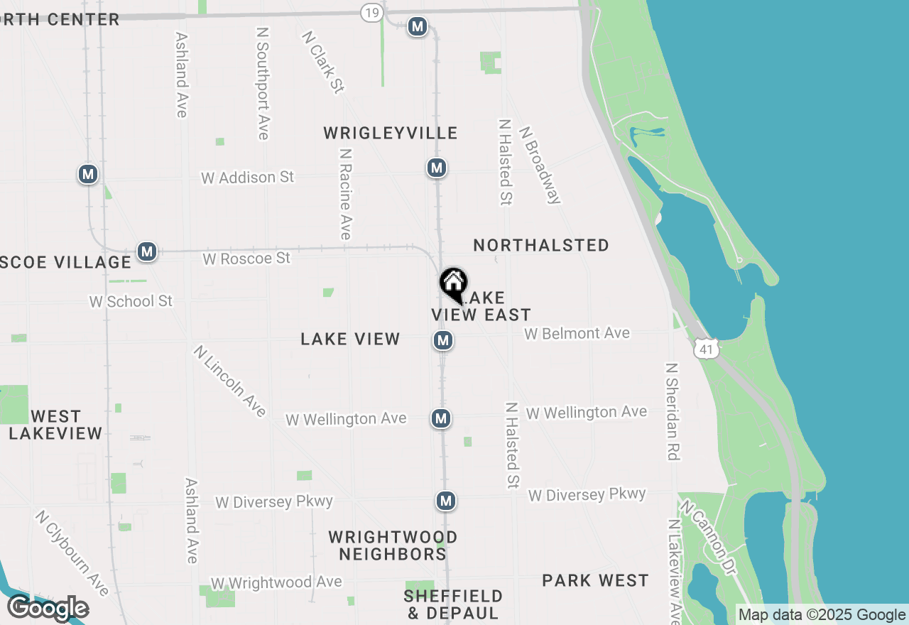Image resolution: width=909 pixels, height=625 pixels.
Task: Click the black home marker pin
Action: point(453,284)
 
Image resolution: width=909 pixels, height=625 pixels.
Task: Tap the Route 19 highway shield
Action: point(371,12)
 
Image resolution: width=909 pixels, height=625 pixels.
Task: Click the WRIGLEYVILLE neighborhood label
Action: point(391,133)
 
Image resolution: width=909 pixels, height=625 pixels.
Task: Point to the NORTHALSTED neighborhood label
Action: point(541,245)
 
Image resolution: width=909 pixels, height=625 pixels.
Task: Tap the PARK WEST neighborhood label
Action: point(595,580)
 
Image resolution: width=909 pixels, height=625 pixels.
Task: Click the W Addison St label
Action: point(247,177)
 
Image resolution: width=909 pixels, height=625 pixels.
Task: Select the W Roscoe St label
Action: point(246,259)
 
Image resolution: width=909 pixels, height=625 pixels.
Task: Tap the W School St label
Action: point(131,301)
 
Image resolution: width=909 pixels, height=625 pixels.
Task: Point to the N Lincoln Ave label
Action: point(229,381)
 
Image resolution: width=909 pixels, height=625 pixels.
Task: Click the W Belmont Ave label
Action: point(577,333)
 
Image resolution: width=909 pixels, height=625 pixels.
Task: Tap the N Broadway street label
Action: point(540,165)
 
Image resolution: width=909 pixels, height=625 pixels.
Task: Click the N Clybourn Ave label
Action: point(72,553)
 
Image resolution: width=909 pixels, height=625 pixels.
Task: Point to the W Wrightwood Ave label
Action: point(276,582)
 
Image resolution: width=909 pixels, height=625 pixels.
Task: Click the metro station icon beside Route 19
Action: point(417,27)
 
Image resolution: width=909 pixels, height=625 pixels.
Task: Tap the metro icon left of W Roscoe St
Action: point(147,251)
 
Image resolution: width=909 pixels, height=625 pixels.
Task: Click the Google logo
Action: point(48,609)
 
